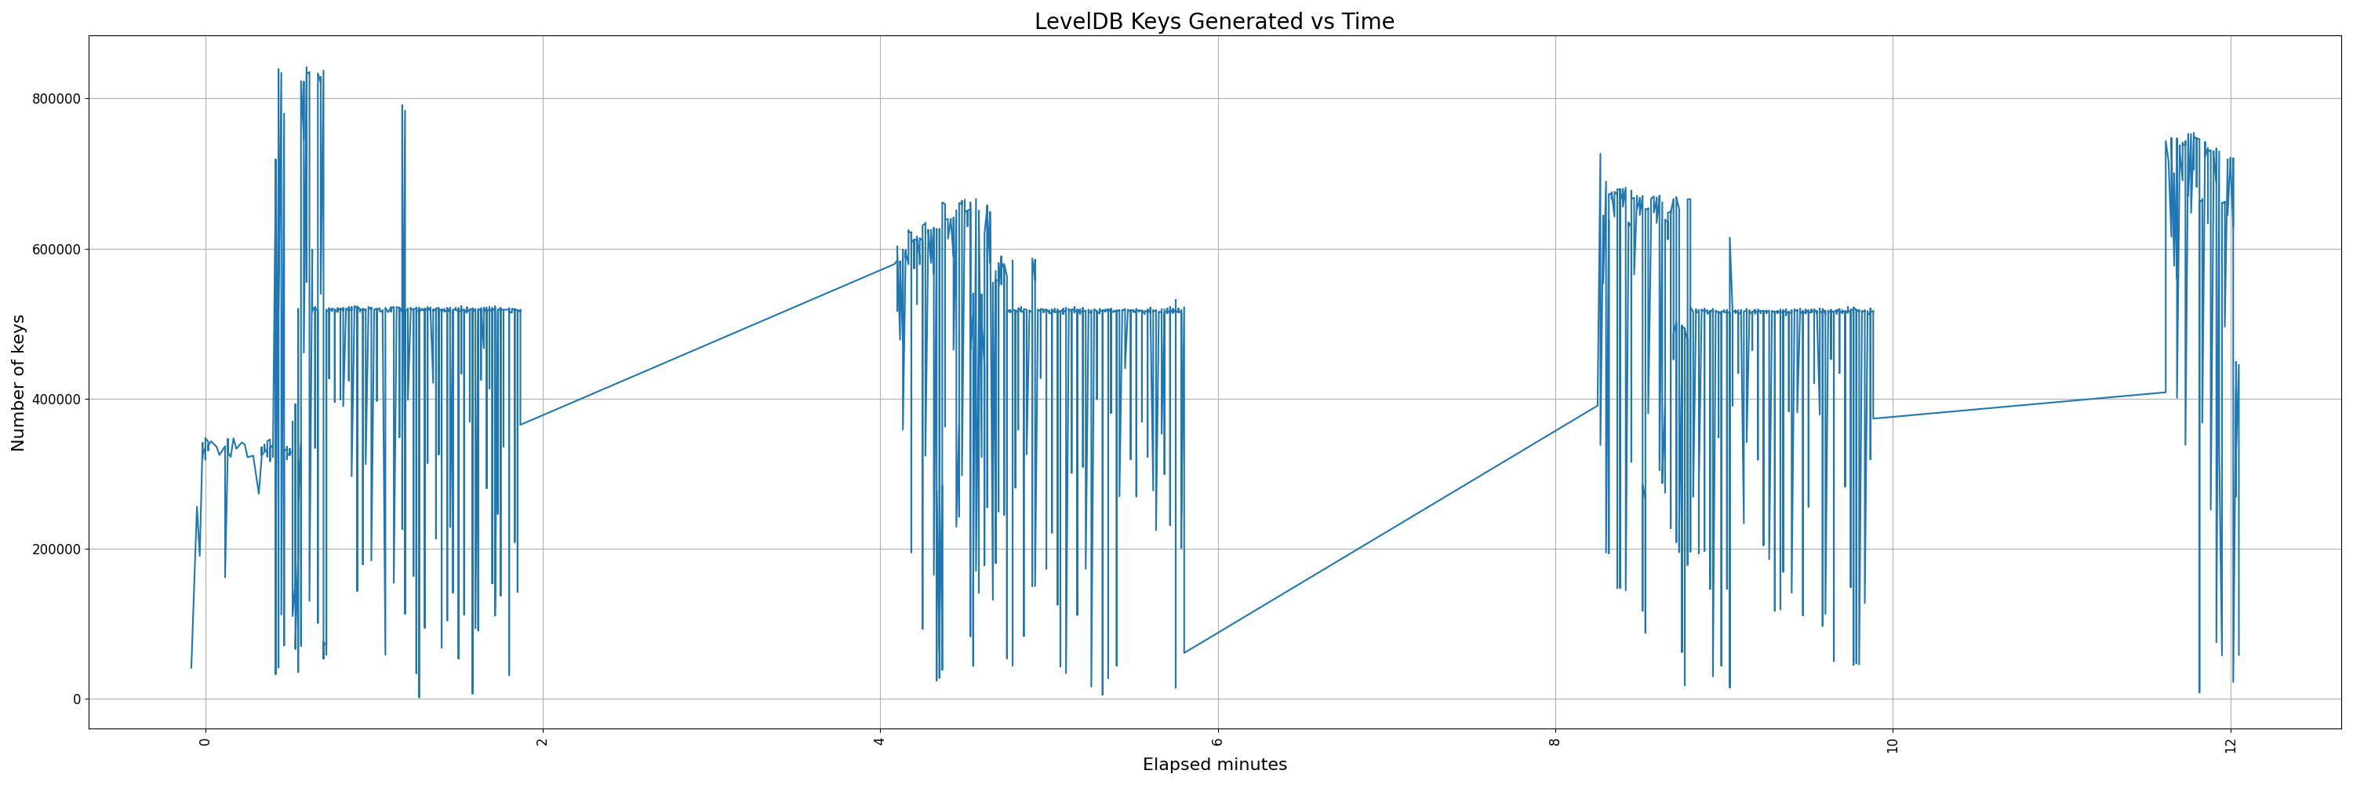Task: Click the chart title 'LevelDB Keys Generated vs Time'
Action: click(x=1214, y=22)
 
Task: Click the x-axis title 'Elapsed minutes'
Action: click(x=1214, y=765)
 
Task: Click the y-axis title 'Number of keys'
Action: click(x=18, y=383)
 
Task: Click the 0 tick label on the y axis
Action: click(x=77, y=699)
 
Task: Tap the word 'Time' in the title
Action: click(x=1367, y=22)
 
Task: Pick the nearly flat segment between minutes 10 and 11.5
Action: click(x=2019, y=406)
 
